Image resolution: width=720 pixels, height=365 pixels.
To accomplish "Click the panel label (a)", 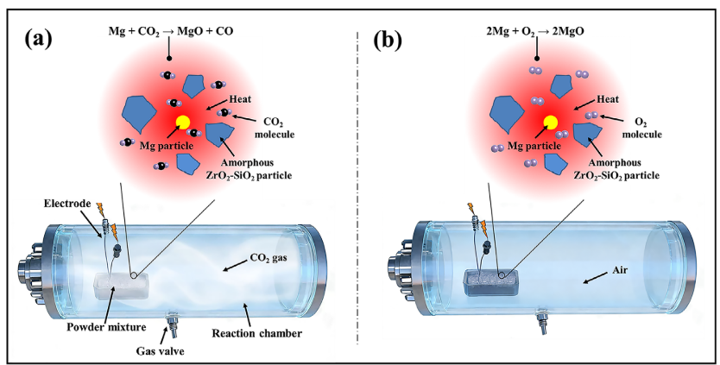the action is (38, 39).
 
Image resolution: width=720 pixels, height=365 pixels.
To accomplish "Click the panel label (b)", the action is (388, 39).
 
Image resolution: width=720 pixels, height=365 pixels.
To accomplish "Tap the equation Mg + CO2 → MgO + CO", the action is (171, 32).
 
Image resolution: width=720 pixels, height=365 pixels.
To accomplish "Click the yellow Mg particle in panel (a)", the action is (183, 122).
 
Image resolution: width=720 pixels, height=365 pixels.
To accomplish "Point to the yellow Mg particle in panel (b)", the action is (551, 122).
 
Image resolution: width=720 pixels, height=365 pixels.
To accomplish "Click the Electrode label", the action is (67, 204).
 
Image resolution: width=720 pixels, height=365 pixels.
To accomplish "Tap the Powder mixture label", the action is (106, 327).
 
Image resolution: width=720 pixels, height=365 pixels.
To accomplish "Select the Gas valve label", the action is (160, 351).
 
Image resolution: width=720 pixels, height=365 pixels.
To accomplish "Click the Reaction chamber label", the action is (256, 333).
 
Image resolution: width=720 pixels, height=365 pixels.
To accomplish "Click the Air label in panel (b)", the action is (619, 270).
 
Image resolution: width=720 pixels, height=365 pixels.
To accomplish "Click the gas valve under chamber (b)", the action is (542, 319).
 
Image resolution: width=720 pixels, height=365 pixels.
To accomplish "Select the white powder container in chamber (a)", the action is (122, 286).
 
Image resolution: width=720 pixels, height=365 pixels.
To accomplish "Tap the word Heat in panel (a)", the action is (240, 99).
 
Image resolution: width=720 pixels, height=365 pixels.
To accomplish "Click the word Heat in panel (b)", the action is (608, 99).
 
